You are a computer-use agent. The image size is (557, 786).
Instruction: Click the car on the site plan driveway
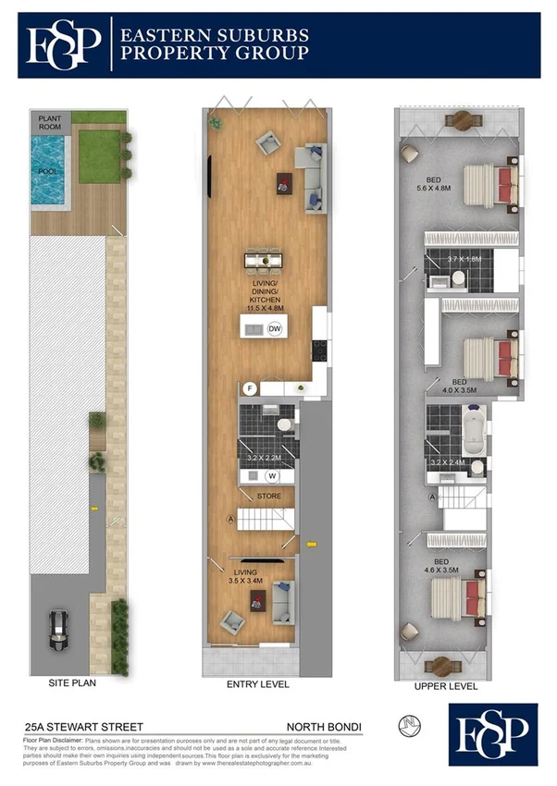tap(59, 632)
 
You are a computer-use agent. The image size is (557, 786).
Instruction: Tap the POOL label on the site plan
tap(47, 171)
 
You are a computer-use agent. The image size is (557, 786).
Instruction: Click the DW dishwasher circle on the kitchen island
tap(275, 329)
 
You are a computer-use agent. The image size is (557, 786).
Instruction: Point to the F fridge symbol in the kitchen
tap(249, 388)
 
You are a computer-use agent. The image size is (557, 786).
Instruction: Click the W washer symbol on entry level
tap(272, 476)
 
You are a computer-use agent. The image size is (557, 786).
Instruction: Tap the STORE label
tap(269, 496)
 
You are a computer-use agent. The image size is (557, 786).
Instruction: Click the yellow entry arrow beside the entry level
tap(311, 544)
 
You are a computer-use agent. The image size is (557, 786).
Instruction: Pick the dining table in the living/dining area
tap(266, 261)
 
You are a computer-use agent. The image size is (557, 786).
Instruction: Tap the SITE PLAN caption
tap(73, 684)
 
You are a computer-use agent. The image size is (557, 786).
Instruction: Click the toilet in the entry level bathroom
tap(284, 425)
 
